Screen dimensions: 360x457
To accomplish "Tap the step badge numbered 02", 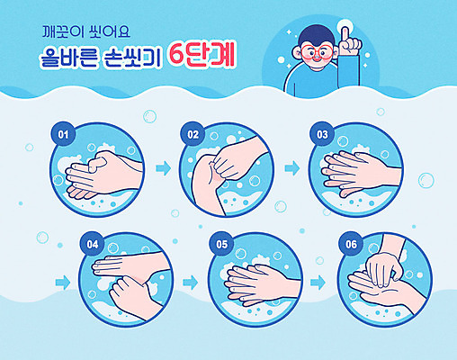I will click(193, 134).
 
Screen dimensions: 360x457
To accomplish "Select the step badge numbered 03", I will click(321, 134).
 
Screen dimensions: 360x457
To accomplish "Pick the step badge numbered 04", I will click(91, 243).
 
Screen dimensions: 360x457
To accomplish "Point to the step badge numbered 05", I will click(221, 243).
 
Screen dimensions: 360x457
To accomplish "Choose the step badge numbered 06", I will click(350, 243).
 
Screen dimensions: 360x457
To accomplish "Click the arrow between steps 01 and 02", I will click(162, 168).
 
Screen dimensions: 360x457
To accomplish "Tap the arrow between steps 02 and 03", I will click(291, 168).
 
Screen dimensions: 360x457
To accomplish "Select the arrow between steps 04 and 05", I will click(190, 282).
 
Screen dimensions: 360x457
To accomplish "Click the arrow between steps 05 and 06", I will click(318, 282).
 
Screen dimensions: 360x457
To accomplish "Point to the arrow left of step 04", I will click(62, 282).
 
